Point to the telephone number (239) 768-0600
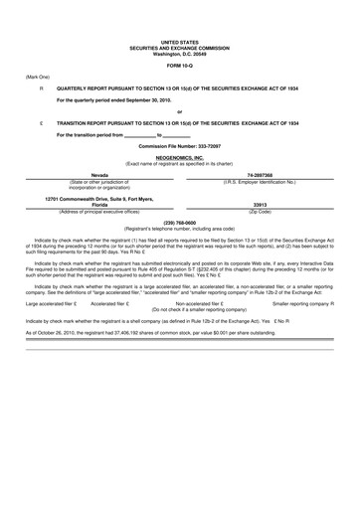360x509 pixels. point(179,223)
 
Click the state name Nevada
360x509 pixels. point(93,174)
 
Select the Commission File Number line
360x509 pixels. point(179,146)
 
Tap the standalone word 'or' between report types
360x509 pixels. point(179,111)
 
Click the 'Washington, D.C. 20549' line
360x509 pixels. point(179,53)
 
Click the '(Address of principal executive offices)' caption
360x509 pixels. point(93,213)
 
